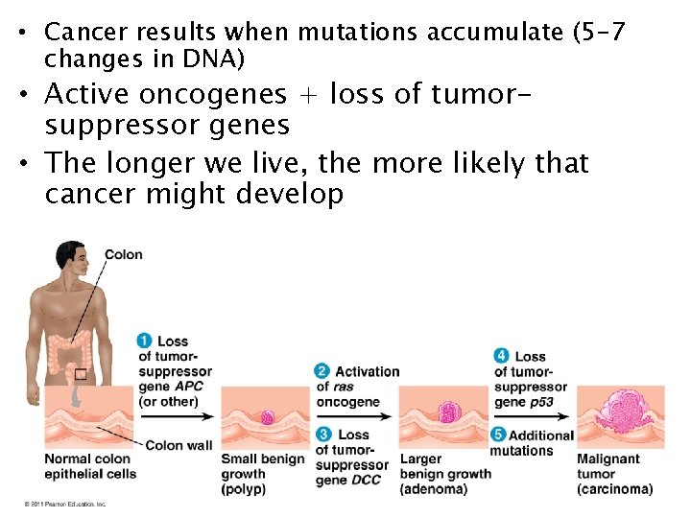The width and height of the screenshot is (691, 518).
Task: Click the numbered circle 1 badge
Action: [144, 341]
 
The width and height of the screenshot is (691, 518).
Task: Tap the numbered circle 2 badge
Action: [322, 371]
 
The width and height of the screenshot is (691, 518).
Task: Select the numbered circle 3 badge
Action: [322, 435]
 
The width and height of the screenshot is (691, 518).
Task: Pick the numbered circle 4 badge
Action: [501, 356]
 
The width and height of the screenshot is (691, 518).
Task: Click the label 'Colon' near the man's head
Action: [123, 254]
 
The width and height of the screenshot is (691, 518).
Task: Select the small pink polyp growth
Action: [268, 418]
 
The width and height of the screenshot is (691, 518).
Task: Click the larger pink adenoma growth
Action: [446, 412]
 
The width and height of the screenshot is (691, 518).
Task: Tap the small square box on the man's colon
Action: [82, 374]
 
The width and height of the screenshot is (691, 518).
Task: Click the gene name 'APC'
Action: [189, 387]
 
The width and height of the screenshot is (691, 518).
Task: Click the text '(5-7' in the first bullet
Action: [598, 33]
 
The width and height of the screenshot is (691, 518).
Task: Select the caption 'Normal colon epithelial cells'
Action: [90, 466]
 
